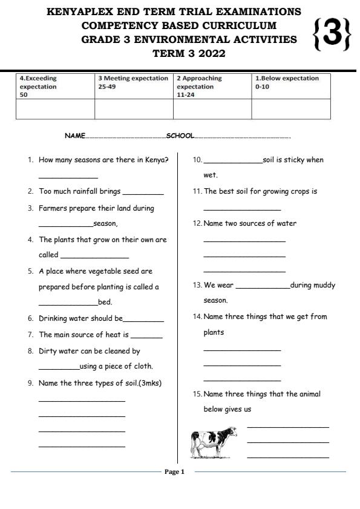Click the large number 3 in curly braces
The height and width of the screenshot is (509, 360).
coord(332,35)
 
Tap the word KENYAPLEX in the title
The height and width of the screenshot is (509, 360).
coord(90,11)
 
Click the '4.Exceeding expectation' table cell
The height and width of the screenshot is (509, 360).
coord(55,86)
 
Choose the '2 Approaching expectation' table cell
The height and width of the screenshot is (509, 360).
coord(212,86)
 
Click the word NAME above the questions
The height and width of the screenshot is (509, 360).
coord(74,136)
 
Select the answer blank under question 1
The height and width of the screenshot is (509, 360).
coord(68,177)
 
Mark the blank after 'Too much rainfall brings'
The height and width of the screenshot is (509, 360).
coord(143,193)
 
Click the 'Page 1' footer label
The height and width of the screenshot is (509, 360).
coord(174,471)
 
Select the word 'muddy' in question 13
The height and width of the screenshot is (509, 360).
coord(324,285)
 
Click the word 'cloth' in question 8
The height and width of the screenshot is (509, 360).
coord(142,366)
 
